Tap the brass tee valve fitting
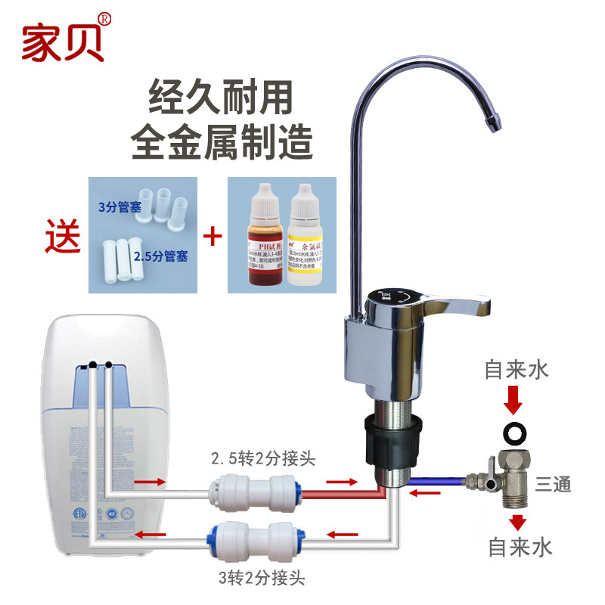point(511,476)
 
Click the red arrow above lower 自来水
point(516,523)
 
